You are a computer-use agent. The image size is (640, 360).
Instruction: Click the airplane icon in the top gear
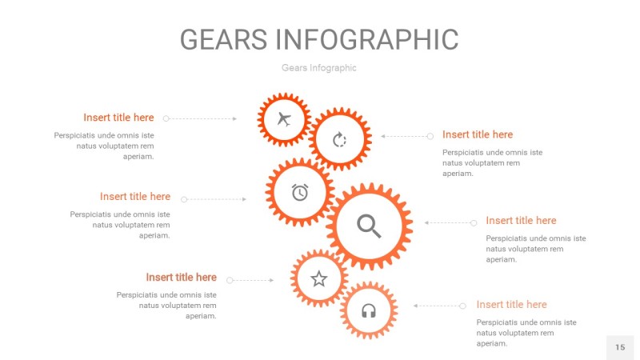tap(283, 120)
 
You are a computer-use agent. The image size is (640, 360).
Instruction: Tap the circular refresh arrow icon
tap(340, 140)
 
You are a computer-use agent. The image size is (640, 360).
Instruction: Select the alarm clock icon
tap(300, 192)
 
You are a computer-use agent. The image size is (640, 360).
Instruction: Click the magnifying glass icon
tap(369, 226)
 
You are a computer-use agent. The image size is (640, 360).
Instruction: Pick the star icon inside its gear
tap(319, 278)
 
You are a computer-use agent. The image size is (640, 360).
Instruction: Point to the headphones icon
tap(369, 310)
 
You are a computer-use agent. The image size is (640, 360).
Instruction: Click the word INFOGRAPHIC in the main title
tap(367, 39)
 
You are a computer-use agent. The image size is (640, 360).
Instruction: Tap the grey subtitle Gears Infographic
tap(318, 68)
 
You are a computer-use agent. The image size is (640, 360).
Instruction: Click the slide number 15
tap(620, 347)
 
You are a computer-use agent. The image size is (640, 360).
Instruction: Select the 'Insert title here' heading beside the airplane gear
tap(118, 118)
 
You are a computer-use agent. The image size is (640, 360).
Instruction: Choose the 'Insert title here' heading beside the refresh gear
tap(478, 134)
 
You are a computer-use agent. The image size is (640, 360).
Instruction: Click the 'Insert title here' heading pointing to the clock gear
tap(135, 196)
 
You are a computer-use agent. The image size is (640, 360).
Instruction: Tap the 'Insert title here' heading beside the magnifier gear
tap(521, 220)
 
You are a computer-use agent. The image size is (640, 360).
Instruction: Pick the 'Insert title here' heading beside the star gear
tap(181, 278)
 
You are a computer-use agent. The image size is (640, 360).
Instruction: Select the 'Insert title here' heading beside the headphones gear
tap(511, 304)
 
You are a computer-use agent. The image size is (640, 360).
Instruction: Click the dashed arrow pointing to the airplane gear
tap(202, 118)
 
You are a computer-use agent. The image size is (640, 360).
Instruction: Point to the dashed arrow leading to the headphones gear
tap(437, 306)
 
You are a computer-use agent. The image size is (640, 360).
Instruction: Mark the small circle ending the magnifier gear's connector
tap(474, 222)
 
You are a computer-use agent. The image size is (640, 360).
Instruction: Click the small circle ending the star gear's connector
tap(230, 281)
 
